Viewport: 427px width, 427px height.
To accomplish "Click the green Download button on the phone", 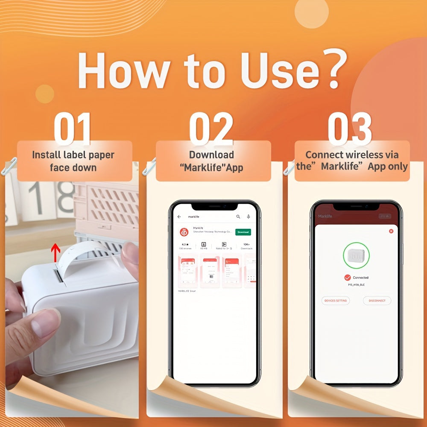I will click(243, 232).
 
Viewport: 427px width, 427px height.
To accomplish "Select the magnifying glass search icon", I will click(238, 217).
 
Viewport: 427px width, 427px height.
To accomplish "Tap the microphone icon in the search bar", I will click(249, 217).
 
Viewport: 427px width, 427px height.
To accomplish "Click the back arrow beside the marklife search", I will click(179, 217).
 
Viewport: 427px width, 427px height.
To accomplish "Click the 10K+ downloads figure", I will click(246, 244).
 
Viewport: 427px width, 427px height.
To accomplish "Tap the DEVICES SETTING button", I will click(336, 301).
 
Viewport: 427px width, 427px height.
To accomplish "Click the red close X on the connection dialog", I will click(391, 231).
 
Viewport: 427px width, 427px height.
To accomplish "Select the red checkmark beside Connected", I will click(348, 277).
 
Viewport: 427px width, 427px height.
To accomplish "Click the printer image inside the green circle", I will click(356, 256).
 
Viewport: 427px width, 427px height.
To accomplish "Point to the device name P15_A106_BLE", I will click(356, 284).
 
